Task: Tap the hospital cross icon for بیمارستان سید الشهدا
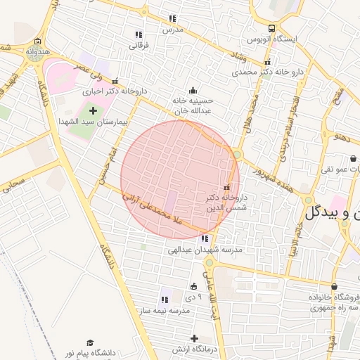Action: pyautogui.click(x=93, y=110)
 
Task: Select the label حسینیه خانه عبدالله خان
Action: pyautogui.click(x=192, y=105)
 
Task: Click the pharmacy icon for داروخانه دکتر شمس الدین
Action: pyautogui.click(x=226, y=187)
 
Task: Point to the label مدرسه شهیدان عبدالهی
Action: pyautogui.click(x=205, y=250)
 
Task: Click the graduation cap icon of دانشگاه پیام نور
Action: pyautogui.click(x=89, y=341)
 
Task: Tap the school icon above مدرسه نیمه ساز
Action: pyautogui.click(x=165, y=300)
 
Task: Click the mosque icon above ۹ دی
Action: pyautogui.click(x=194, y=286)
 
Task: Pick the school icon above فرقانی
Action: pyautogui.click(x=139, y=34)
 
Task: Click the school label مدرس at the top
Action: pyautogui.click(x=172, y=30)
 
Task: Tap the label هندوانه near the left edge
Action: pyautogui.click(x=37, y=53)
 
